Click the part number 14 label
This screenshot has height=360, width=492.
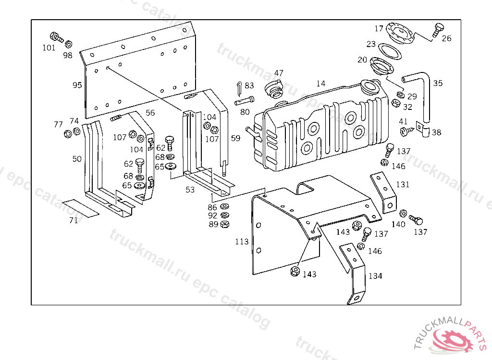coord(320,84)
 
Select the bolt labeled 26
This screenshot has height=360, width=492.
coord(437,30)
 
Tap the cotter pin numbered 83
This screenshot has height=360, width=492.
coord(239,89)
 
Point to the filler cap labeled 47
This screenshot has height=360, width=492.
coord(274,88)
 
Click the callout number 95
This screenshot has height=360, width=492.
coord(77,85)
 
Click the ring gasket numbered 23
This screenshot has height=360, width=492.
coord(390,51)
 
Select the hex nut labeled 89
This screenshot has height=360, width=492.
coord(225,224)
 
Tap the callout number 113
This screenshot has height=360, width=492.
coord(242,242)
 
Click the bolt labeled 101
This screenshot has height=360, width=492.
coord(57,37)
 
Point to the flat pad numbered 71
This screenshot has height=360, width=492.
coord(81,208)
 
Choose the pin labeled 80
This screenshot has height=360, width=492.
coord(245,101)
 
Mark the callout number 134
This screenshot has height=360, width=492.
coord(375,276)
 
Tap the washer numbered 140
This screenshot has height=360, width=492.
coord(403,214)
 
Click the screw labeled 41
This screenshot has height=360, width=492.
coord(405,131)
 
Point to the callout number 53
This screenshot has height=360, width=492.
coord(190,190)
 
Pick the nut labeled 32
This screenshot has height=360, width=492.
coord(396,103)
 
